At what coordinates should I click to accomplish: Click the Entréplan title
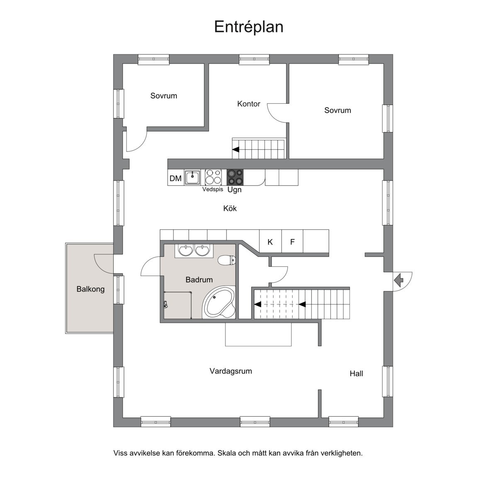pos(249,27)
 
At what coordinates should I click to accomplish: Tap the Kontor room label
pos(249,104)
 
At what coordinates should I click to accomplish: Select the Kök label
pos(230,208)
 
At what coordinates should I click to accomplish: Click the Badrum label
pos(199,280)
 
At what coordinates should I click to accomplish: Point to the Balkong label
pos(90,289)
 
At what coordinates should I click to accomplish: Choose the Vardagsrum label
pos(231,371)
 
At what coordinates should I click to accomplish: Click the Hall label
pos(356,373)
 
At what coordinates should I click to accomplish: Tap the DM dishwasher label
pos(176,178)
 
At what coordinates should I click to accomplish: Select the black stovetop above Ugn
pos(235,177)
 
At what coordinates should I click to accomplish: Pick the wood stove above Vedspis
pos(213,177)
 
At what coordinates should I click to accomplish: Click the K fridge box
pos(270,242)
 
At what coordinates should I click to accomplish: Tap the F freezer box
pos(292,242)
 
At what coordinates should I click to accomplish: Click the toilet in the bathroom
pos(227,260)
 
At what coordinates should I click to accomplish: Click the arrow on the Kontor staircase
pos(236,149)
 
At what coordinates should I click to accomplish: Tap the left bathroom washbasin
pos(185,250)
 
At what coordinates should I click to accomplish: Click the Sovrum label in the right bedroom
pos(337,110)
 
